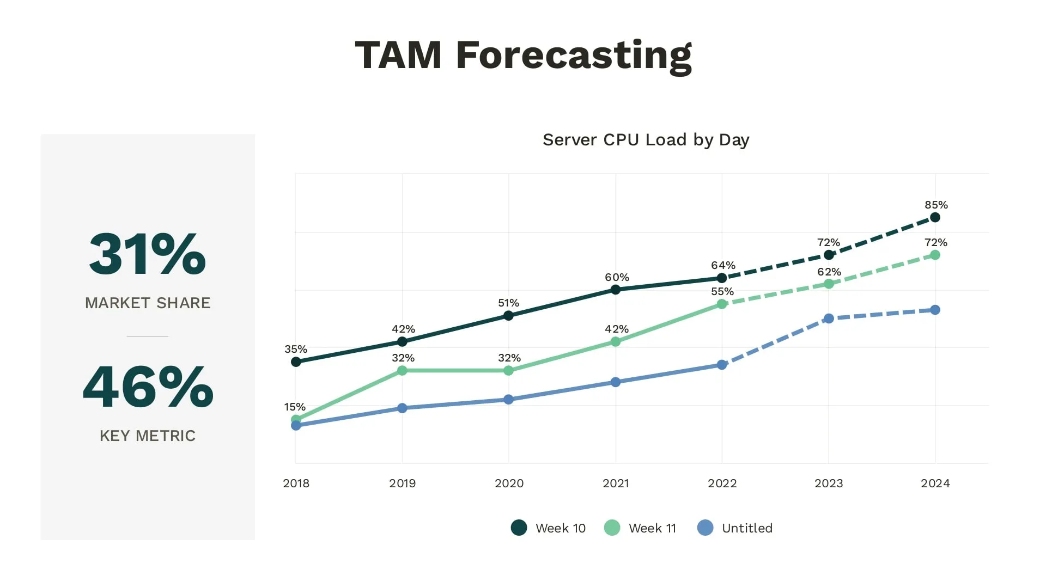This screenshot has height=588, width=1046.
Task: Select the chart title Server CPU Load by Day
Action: click(646, 140)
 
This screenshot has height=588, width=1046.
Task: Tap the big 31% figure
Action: click(148, 254)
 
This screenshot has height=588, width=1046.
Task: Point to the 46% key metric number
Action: click(148, 387)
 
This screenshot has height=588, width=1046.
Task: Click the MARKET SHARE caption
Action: click(148, 303)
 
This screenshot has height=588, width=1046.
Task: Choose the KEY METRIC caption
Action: click(148, 436)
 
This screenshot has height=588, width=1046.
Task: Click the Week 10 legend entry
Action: click(549, 528)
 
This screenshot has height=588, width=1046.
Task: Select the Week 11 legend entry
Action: click(641, 528)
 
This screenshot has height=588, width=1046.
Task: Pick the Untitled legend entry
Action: click(735, 528)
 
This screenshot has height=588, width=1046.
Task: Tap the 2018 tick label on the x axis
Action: click(296, 483)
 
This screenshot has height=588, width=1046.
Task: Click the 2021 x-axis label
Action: click(616, 483)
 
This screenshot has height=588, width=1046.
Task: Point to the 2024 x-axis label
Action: click(935, 483)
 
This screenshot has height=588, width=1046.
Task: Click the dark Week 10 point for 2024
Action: click(935, 217)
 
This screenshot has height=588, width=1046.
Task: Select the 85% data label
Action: click(936, 205)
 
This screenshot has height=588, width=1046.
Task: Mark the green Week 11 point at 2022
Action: click(722, 304)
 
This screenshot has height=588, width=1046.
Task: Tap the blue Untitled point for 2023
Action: click(829, 318)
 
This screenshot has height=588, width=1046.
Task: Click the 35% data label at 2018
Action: click(296, 349)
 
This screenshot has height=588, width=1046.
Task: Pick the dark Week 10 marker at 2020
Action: click(508, 316)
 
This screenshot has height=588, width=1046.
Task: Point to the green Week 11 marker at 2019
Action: click(402, 371)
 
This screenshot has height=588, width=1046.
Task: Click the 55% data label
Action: click(722, 292)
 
